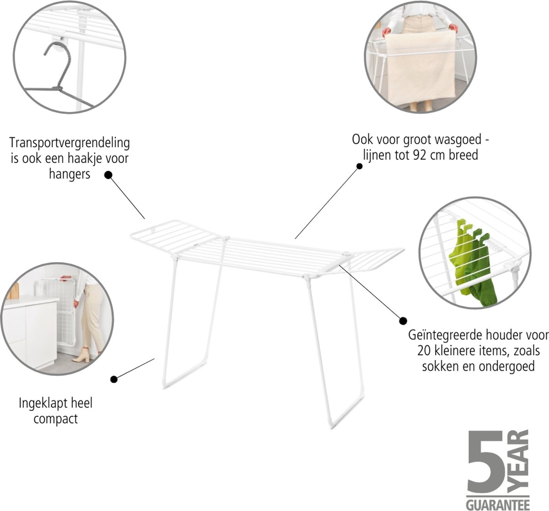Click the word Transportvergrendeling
pos(70,143)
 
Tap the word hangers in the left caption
pos(70,174)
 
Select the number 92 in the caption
pos(419,155)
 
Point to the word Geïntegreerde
pos(443,335)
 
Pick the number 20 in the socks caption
pos(424,351)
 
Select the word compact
pos(56,419)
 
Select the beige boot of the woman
pos(82,355)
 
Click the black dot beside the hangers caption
pos(108,175)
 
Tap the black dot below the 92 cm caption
pos(359,166)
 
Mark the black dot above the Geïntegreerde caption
pos(403,321)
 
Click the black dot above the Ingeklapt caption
pos(113,379)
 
